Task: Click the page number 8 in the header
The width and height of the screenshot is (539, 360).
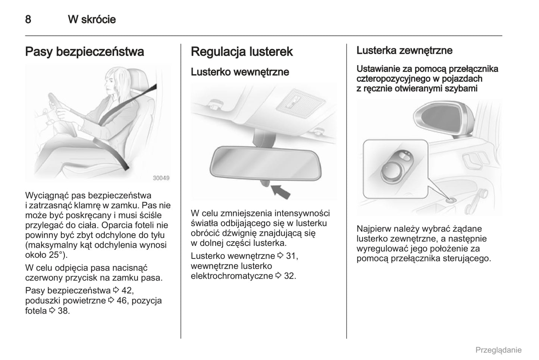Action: pyautogui.click(x=28, y=19)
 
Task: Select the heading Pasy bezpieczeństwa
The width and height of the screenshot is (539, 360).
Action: pyautogui.click(x=84, y=51)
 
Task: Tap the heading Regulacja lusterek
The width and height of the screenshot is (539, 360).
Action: pyautogui.click(x=242, y=51)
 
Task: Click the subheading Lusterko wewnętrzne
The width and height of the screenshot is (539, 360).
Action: pyautogui.click(x=240, y=72)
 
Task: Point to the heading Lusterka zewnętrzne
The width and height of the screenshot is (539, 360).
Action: pyautogui.click(x=404, y=50)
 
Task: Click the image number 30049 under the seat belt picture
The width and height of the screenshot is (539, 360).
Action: pyautogui.click(x=161, y=178)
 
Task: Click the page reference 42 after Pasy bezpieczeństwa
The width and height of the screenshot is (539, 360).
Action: pyautogui.click(x=127, y=291)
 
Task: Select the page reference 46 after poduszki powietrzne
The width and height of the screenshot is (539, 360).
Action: pyautogui.click(x=122, y=301)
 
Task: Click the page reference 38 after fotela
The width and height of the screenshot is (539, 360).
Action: pyautogui.click(x=63, y=311)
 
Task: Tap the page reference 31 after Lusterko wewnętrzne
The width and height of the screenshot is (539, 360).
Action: pyautogui.click(x=292, y=256)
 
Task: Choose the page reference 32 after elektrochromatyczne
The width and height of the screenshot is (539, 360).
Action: pyautogui.click(x=290, y=276)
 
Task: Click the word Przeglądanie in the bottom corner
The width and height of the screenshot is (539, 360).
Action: pyautogui.click(x=498, y=350)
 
